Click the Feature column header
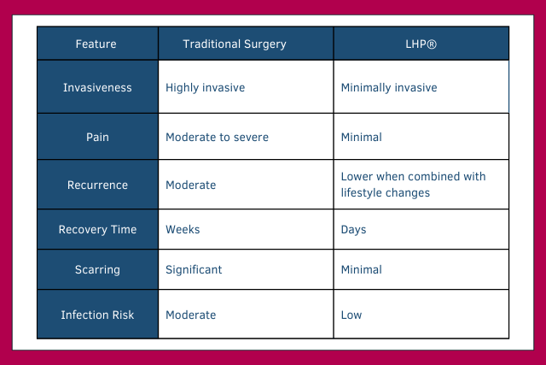coord(96,44)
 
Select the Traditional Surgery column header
coord(235,44)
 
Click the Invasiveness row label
coord(97,87)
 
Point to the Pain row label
coord(97,137)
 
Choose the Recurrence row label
coord(97,185)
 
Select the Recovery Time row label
coord(97,230)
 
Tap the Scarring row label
coord(97,269)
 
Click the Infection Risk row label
coord(97,315)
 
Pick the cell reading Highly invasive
coord(205,87)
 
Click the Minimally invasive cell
coord(388,87)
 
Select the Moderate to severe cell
coord(217,137)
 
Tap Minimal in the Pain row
coord(361,137)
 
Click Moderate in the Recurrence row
coord(190,185)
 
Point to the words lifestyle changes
coord(385,193)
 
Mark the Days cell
coord(354,230)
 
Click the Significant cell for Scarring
coord(194,269)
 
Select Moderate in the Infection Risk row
coord(190,315)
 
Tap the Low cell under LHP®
coord(351,315)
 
